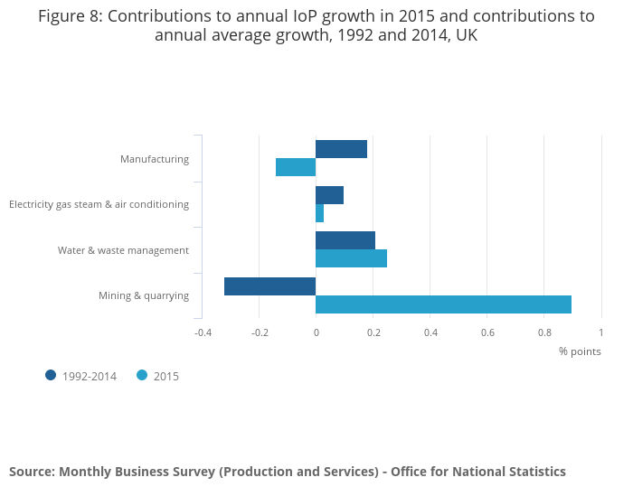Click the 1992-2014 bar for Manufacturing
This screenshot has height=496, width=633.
(x=341, y=149)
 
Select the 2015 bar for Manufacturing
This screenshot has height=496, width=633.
(x=296, y=167)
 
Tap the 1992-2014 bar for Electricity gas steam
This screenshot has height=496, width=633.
(x=329, y=195)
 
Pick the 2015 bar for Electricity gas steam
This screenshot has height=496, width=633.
(x=319, y=213)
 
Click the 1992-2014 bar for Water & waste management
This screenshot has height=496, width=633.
(x=345, y=240)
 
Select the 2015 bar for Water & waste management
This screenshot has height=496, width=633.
(x=351, y=258)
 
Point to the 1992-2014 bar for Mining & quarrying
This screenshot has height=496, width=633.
(x=269, y=286)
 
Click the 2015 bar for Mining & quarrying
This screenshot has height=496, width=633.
(x=443, y=304)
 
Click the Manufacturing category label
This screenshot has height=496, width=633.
(x=155, y=159)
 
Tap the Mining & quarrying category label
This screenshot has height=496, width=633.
(x=144, y=295)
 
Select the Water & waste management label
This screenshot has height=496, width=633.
(x=123, y=250)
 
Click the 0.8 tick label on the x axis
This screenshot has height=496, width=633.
(x=544, y=332)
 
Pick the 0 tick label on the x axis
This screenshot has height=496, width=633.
(x=316, y=332)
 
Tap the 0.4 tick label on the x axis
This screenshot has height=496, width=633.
(x=430, y=332)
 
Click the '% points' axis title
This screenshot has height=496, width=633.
(x=580, y=351)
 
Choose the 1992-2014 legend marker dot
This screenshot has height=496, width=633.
(x=51, y=376)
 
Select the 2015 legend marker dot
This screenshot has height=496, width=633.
(x=142, y=376)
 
